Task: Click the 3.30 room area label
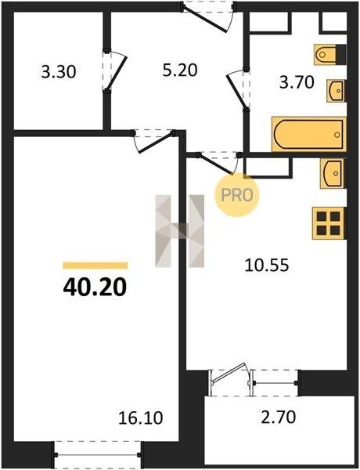click(59, 72)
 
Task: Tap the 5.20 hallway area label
click(180, 70)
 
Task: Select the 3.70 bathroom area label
click(297, 82)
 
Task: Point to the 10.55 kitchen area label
click(267, 266)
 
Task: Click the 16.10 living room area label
click(141, 418)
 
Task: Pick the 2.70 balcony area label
click(279, 417)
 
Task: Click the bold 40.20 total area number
click(95, 287)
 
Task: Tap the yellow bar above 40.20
click(95, 266)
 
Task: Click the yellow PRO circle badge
click(236, 194)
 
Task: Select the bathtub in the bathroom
click(309, 134)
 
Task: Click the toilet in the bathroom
click(329, 54)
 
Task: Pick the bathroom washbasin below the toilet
click(337, 90)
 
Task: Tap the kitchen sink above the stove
click(333, 174)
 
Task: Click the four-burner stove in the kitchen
click(329, 223)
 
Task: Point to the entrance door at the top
click(207, 16)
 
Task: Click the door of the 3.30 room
click(115, 71)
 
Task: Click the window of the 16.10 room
click(98, 454)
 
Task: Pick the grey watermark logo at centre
click(180, 231)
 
